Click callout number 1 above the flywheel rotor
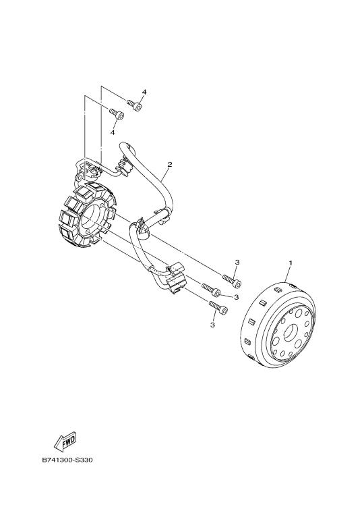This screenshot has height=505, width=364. click(291, 263)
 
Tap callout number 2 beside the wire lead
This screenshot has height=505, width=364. click(170, 164)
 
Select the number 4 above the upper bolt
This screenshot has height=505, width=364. click(144, 92)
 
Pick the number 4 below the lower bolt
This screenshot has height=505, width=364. click(112, 132)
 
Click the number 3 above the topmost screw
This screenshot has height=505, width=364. click(237, 263)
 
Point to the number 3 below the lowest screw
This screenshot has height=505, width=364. click(212, 325)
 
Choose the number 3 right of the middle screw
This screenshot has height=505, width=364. click(237, 297)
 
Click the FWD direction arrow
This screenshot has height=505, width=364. click(65, 441)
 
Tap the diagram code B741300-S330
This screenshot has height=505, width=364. click(67, 460)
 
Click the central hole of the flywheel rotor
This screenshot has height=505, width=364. click(291, 332)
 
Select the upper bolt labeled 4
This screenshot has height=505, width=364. click(134, 105)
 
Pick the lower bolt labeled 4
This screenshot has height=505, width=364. click(117, 113)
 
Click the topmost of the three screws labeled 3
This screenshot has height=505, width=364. click(231, 280)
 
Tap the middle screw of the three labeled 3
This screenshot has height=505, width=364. click(211, 290)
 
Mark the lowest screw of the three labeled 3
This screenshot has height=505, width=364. click(218, 308)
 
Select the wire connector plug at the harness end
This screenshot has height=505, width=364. click(175, 278)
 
